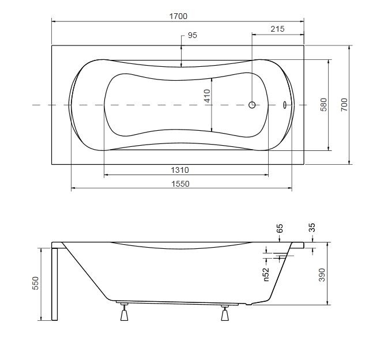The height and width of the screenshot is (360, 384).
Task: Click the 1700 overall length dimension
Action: pyautogui.click(x=178, y=16)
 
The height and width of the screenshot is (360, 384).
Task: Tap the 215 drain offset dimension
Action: pyautogui.click(x=277, y=29)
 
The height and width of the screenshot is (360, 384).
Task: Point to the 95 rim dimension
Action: pyautogui.click(x=192, y=35)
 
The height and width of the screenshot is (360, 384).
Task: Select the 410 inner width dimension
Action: pyautogui.click(x=207, y=96)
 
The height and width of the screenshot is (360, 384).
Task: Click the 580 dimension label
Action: pyautogui.click(x=324, y=104)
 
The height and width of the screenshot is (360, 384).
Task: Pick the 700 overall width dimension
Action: pyautogui.click(x=344, y=104)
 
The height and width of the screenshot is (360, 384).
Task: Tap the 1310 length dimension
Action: pyautogui.click(x=180, y=170)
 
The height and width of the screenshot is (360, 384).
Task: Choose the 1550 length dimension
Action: pyautogui.click(x=180, y=184)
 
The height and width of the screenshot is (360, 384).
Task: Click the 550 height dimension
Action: pyautogui.click(x=36, y=283)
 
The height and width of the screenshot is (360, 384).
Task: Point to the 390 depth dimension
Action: pyautogui.click(x=322, y=275)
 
